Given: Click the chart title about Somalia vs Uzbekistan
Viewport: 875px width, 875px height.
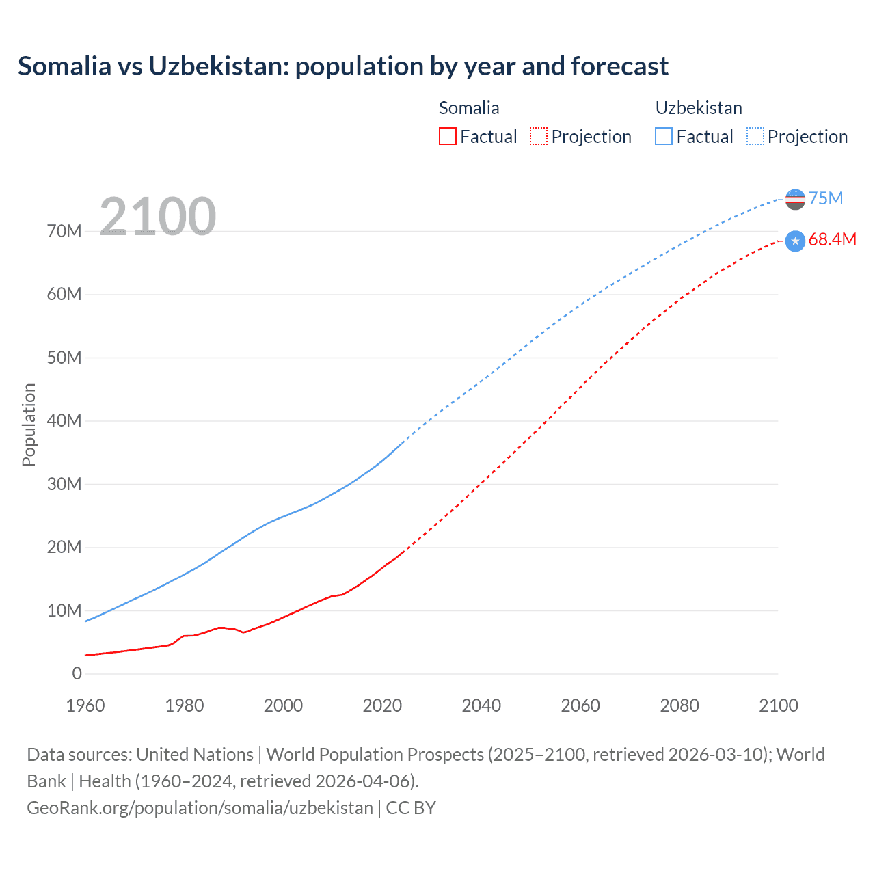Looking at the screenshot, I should [x=343, y=66].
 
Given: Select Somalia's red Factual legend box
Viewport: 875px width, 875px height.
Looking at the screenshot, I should [x=447, y=136].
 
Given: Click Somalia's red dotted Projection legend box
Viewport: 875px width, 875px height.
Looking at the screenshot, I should [x=538, y=136].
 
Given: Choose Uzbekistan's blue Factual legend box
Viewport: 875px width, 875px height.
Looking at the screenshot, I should [x=663, y=136].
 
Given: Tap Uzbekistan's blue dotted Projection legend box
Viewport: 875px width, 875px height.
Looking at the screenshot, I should [x=755, y=136].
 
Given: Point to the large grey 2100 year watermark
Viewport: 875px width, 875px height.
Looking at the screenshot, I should [x=158, y=217].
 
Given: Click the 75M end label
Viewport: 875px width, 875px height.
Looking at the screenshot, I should [x=825, y=198].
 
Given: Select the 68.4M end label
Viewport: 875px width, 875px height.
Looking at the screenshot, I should [x=831, y=239].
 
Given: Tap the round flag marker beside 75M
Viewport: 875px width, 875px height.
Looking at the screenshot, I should [x=795, y=199].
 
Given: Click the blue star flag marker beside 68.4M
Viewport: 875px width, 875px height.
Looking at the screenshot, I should [x=795, y=241].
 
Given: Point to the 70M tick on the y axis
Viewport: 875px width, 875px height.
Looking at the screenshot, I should [x=64, y=231].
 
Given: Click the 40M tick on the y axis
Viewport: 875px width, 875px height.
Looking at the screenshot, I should [x=64, y=420].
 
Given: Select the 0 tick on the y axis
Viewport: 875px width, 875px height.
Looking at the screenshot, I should [x=77, y=673].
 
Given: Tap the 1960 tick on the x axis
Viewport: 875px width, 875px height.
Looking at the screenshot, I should [x=85, y=705].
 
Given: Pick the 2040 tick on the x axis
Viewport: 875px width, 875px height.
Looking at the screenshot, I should [x=481, y=705].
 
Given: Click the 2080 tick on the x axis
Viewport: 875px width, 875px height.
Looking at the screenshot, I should [x=679, y=705].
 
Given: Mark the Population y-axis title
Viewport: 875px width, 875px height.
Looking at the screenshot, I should [x=29, y=425].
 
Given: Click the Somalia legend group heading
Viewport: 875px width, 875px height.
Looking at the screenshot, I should [x=469, y=108].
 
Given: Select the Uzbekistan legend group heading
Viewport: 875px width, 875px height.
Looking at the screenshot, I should [x=699, y=108].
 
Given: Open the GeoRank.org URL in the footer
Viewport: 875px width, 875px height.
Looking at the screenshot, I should [x=200, y=807].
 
